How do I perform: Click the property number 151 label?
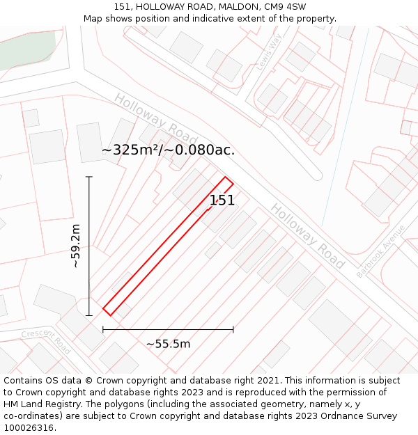222,200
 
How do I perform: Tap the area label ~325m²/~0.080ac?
168,150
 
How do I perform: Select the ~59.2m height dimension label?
76,246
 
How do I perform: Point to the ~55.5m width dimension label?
168,344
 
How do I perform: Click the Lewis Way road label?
268,52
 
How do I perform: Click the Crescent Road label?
47,341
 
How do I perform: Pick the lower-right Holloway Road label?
307,236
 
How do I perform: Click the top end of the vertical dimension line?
89,177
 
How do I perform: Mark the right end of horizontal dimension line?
233,329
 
